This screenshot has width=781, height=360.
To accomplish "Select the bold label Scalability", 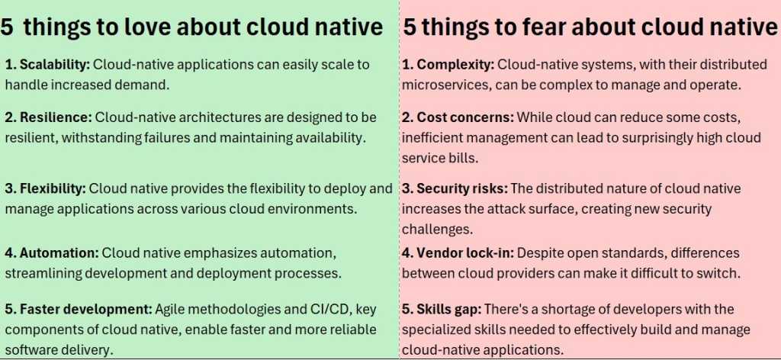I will coord(52,64).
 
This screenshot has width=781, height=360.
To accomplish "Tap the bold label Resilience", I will coord(50,117).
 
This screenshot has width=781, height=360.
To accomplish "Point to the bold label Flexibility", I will coord(51,188).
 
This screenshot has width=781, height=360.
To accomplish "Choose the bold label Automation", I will coord(54,252).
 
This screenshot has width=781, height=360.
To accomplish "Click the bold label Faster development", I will coord(79,309).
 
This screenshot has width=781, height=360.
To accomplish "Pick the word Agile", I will coord(171,309).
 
